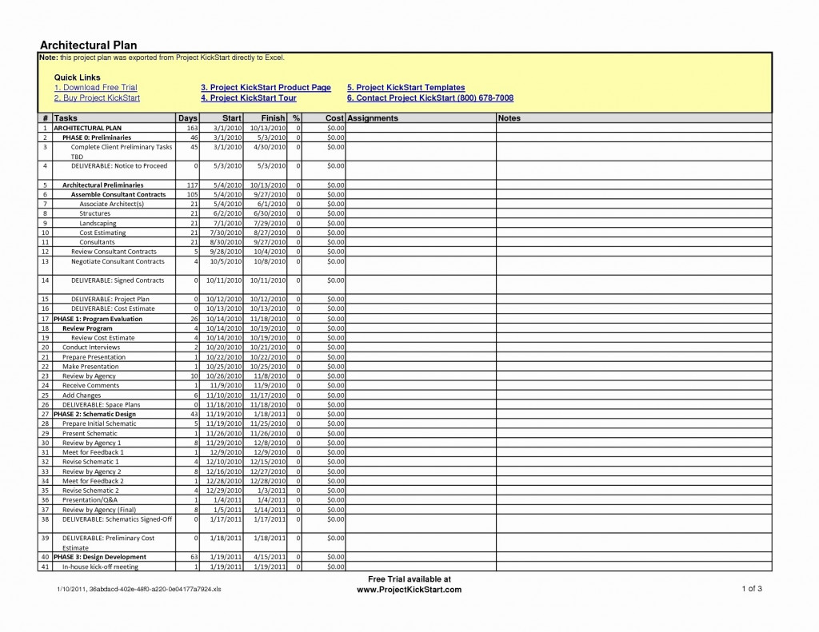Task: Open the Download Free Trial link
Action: [x=95, y=87]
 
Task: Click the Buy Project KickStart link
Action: [x=97, y=97]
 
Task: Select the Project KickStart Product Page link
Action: [x=266, y=87]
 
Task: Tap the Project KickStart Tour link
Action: [x=249, y=97]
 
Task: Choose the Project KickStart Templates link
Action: [x=406, y=87]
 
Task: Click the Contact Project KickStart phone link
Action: [x=430, y=97]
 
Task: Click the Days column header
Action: [x=187, y=118]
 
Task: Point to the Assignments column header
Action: [x=373, y=118]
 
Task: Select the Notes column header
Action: [x=509, y=118]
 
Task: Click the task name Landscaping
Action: [x=98, y=223]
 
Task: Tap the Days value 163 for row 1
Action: [x=192, y=128]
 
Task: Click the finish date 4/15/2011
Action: [x=269, y=557]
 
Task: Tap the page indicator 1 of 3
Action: [x=752, y=589]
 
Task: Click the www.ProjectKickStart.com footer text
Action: [x=409, y=590]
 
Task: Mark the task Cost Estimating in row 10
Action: [x=102, y=233]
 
